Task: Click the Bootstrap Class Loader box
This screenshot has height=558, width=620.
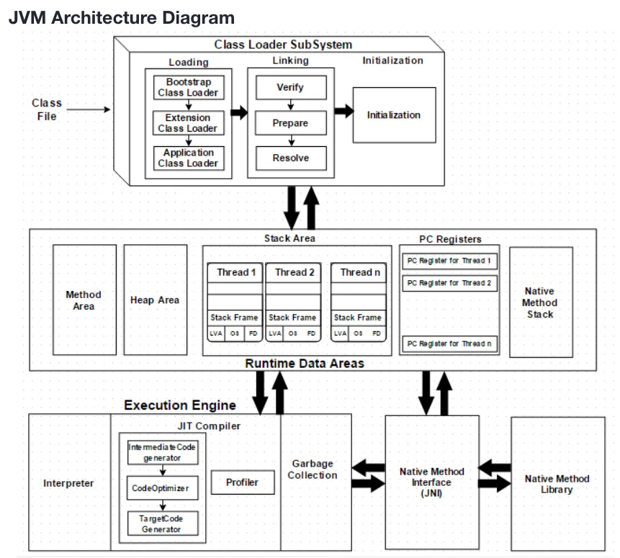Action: [x=188, y=87]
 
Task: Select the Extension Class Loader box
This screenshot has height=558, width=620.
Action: [x=188, y=122]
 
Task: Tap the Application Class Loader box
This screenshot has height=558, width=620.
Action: [x=188, y=158]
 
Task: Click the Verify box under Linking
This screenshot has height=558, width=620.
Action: [x=290, y=87]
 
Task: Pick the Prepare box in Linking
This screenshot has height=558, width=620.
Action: [x=290, y=123]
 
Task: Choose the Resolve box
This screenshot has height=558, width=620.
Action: [x=290, y=158]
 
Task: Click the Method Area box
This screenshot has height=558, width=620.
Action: [x=84, y=300]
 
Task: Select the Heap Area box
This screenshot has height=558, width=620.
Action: [x=155, y=300]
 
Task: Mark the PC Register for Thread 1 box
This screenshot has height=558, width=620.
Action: [x=449, y=261]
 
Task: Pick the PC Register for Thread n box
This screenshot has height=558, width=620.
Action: [x=449, y=343]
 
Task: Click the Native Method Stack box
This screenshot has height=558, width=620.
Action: [x=540, y=302]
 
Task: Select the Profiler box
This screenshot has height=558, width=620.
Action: [x=243, y=482]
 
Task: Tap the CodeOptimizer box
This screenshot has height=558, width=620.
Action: [x=161, y=488]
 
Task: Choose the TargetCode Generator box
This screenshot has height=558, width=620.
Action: [x=161, y=523]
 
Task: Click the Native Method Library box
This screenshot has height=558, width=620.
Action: [x=557, y=484]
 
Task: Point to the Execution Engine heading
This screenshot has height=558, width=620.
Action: [x=179, y=405]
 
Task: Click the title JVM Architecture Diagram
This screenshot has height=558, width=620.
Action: [x=122, y=18]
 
